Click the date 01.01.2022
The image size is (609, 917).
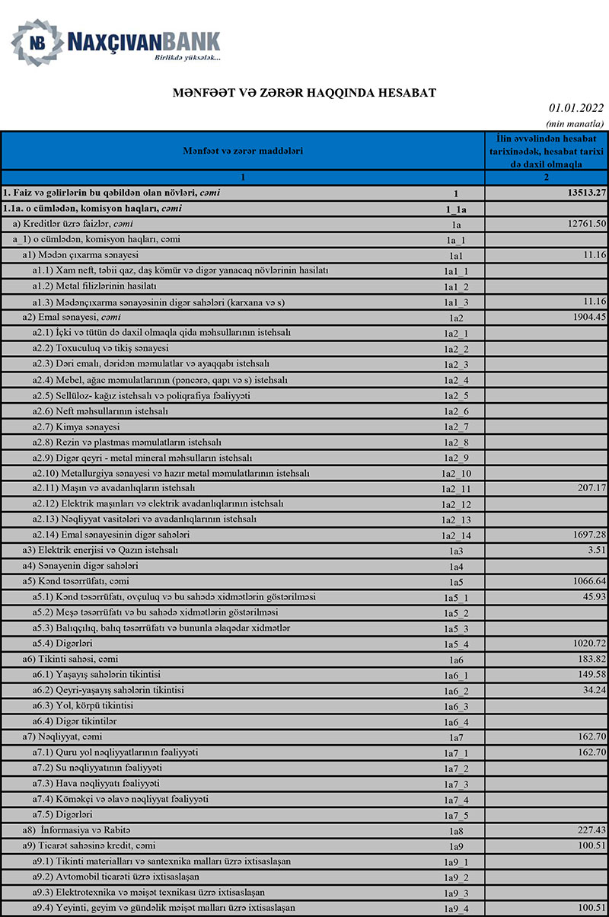pyautogui.click(x=576, y=109)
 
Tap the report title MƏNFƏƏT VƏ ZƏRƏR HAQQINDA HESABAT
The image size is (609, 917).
pyautogui.click(x=304, y=92)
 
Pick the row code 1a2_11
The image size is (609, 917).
pyautogui.click(x=456, y=488)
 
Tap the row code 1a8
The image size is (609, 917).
pyautogui.click(x=456, y=830)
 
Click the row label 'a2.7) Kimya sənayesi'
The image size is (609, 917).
pyautogui.click(x=76, y=426)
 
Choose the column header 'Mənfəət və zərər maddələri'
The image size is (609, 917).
pyautogui.click(x=243, y=151)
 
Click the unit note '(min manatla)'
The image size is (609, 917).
pyautogui.click(x=576, y=123)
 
